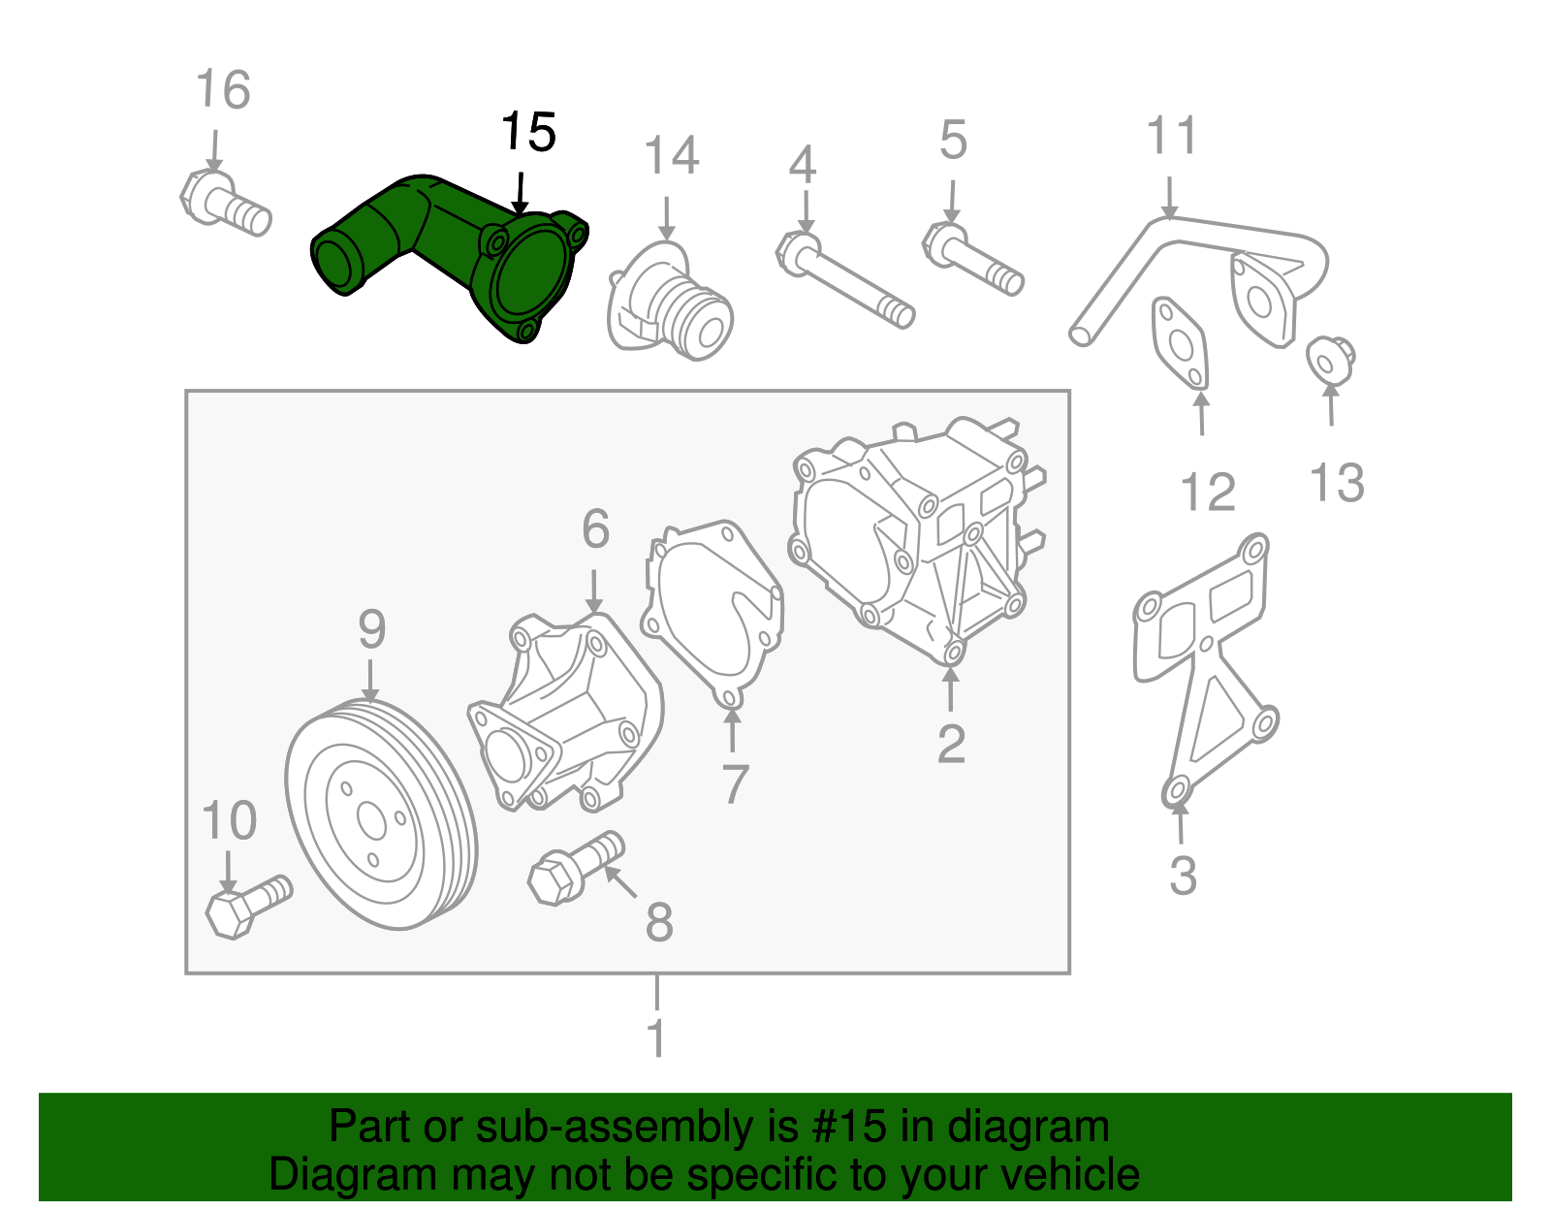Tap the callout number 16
click(223, 90)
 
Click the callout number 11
click(1172, 136)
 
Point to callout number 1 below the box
click(656, 1037)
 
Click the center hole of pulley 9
click(371, 820)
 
